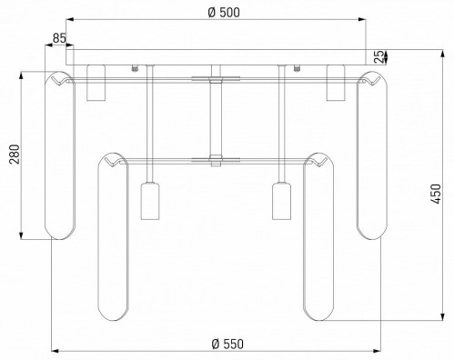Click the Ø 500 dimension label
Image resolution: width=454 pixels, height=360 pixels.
(x=224, y=13)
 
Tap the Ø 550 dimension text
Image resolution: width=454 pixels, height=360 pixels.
(x=227, y=344)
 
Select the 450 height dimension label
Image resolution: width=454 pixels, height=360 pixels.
(x=436, y=194)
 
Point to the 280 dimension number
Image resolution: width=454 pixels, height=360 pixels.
(x=15, y=155)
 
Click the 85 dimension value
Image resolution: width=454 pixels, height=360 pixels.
(x=59, y=38)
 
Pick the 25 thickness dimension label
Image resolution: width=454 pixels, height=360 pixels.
(x=378, y=56)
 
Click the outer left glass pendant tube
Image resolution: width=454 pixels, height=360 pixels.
(x=59, y=155)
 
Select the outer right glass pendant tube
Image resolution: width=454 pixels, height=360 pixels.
(x=372, y=155)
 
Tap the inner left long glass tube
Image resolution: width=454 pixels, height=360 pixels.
(x=114, y=236)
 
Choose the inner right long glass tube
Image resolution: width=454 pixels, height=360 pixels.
(x=318, y=236)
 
